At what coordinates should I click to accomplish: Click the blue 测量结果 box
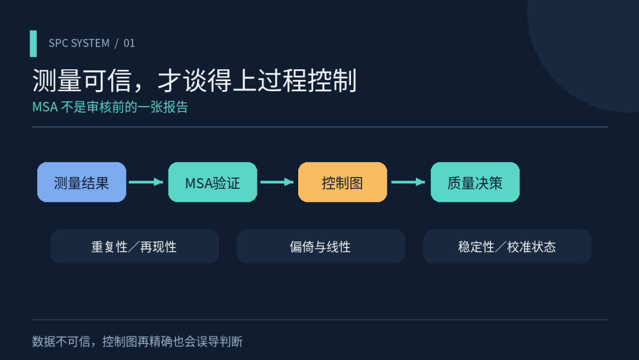pyautogui.click(x=82, y=182)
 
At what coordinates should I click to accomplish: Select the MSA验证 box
pyautogui.click(x=213, y=182)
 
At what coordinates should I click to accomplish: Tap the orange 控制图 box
pyautogui.click(x=343, y=182)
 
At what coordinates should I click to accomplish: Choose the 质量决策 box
pyautogui.click(x=475, y=182)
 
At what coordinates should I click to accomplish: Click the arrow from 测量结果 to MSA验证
pyautogui.click(x=146, y=182)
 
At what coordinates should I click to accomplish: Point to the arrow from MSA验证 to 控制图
pyautogui.click(x=277, y=182)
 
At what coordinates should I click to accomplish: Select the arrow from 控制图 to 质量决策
pyautogui.click(x=408, y=182)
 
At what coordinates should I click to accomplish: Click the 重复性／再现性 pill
pyautogui.click(x=134, y=246)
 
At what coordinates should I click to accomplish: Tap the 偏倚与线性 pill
pyautogui.click(x=321, y=246)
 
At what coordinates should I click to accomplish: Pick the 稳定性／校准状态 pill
pyautogui.click(x=508, y=246)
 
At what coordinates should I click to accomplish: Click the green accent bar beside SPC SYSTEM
pyautogui.click(x=33, y=44)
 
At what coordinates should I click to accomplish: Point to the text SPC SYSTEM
pyautogui.click(x=79, y=43)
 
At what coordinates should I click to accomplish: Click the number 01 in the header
pyautogui.click(x=129, y=43)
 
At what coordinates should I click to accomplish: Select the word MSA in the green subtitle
pyautogui.click(x=45, y=107)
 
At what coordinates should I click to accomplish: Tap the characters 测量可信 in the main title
pyautogui.click(x=82, y=80)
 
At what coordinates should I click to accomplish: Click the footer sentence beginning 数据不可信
pyautogui.click(x=137, y=341)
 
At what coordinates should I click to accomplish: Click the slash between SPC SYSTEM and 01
pyautogui.click(x=117, y=43)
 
